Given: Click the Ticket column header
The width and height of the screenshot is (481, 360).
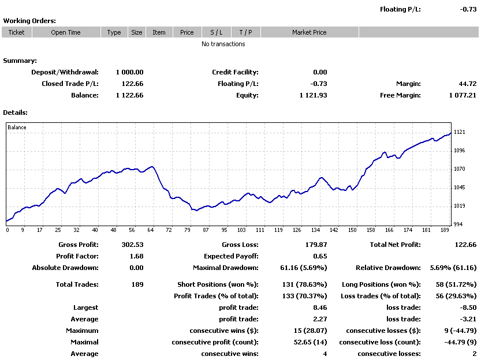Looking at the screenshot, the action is coord(16,32).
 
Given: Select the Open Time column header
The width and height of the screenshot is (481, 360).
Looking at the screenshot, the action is coord(66,32).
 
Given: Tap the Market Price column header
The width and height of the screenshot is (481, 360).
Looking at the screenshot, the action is coord(310,32).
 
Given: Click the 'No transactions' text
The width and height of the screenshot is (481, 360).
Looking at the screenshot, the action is coord(223,44).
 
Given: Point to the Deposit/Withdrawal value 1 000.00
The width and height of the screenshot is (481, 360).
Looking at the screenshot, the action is coord(129,72).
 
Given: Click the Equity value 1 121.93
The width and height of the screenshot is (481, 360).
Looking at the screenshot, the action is coord(313,95).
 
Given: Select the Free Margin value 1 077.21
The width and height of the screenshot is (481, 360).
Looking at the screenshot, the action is coord(463,95).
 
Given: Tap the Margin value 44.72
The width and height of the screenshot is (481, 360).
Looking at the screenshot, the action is coord(468,84).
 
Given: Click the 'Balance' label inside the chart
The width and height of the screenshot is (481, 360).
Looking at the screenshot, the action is coord(17,127).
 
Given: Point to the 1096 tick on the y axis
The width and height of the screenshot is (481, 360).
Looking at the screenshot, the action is coord(459,151).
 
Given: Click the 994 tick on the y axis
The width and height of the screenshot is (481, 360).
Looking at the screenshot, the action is coord(458,224).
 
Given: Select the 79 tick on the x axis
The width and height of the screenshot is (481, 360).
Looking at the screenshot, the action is coord(187,230).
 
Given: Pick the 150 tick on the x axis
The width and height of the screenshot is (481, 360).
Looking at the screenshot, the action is coord(352,230).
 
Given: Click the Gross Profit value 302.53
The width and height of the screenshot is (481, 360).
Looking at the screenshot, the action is coord(133,245).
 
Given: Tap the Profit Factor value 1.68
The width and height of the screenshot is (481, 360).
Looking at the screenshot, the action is coord(136,256).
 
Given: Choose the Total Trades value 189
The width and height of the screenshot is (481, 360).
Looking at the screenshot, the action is coord(137,284).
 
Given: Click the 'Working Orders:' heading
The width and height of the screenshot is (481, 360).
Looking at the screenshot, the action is coord(29,21).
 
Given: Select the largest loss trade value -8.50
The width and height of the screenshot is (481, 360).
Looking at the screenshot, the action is coord(468,307).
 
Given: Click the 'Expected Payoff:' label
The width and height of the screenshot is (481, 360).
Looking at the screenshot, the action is coord(231,256).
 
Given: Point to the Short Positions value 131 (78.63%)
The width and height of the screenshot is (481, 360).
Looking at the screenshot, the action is coord(305,284).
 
